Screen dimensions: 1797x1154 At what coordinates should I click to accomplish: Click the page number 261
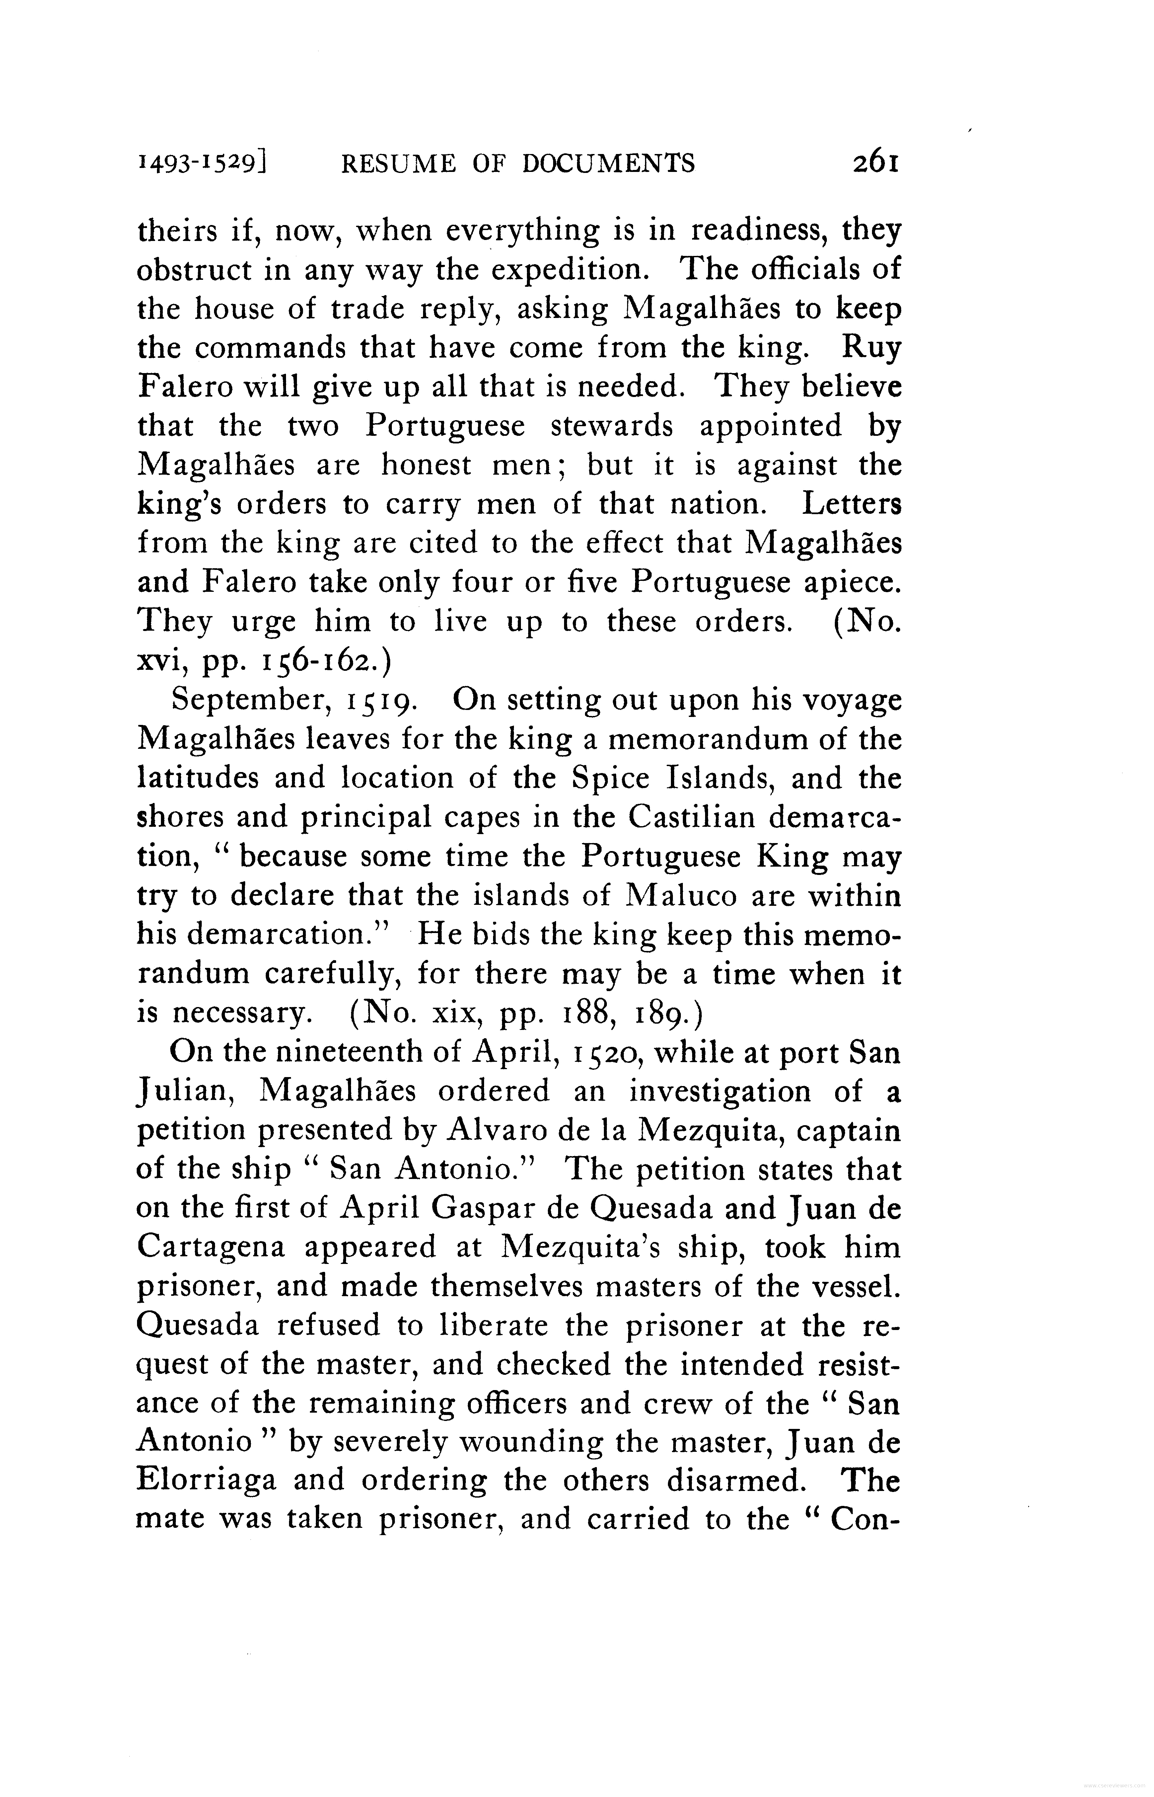[875, 163]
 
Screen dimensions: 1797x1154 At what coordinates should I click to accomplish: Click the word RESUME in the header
[397, 163]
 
